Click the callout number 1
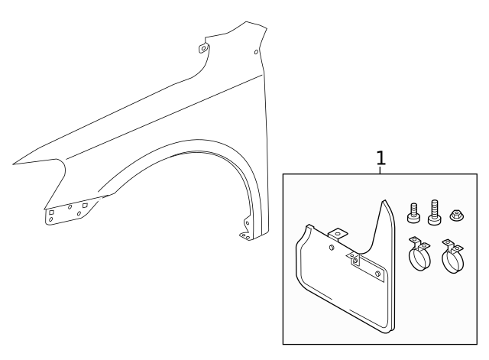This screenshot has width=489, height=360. pos(381,158)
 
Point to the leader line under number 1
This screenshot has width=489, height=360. pos(381,170)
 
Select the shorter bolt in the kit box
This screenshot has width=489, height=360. pos(413,213)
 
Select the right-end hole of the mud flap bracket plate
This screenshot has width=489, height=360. pos(377,273)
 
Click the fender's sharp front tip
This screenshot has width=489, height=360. pos(14,163)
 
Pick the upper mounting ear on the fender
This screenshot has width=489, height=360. pos(203,48)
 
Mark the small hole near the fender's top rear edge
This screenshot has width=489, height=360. pos(256,53)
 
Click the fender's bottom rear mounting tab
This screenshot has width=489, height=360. pos(245,234)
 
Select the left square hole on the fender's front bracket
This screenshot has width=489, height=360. pos(51,212)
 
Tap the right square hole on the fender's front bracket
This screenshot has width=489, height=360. pos(85,205)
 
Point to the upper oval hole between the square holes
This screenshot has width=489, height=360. pos(69,206)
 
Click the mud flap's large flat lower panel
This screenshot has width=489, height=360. pos(344,298)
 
